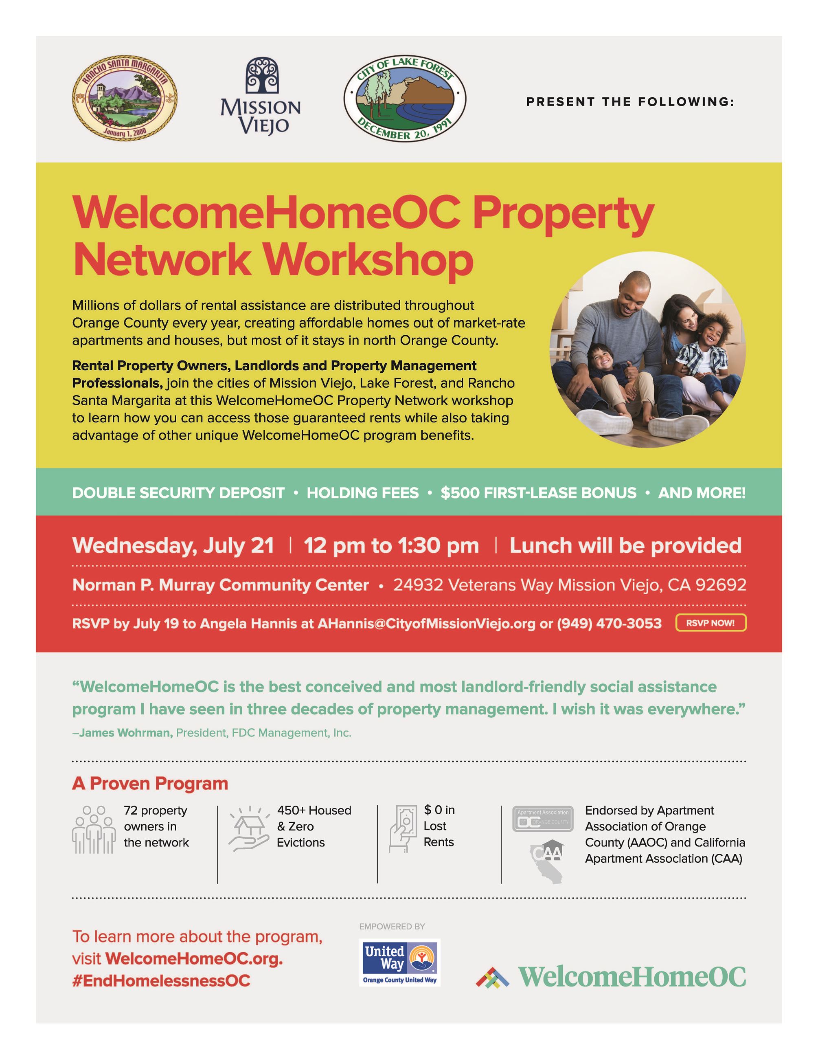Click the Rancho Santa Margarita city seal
pyautogui.click(x=125, y=97)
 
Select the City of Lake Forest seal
pyautogui.click(x=405, y=98)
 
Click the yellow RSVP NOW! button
pyautogui.click(x=711, y=623)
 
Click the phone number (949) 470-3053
pyautogui.click(x=609, y=624)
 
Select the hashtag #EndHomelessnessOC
pyautogui.click(x=161, y=981)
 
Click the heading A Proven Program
pyautogui.click(x=150, y=784)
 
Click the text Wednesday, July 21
pyautogui.click(x=173, y=545)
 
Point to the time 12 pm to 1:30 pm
pyautogui.click(x=391, y=545)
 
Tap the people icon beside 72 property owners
pyautogui.click(x=94, y=830)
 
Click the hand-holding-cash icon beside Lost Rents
pyautogui.click(x=403, y=828)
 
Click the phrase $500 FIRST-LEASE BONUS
pyautogui.click(x=538, y=493)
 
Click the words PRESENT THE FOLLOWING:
pyautogui.click(x=630, y=102)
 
